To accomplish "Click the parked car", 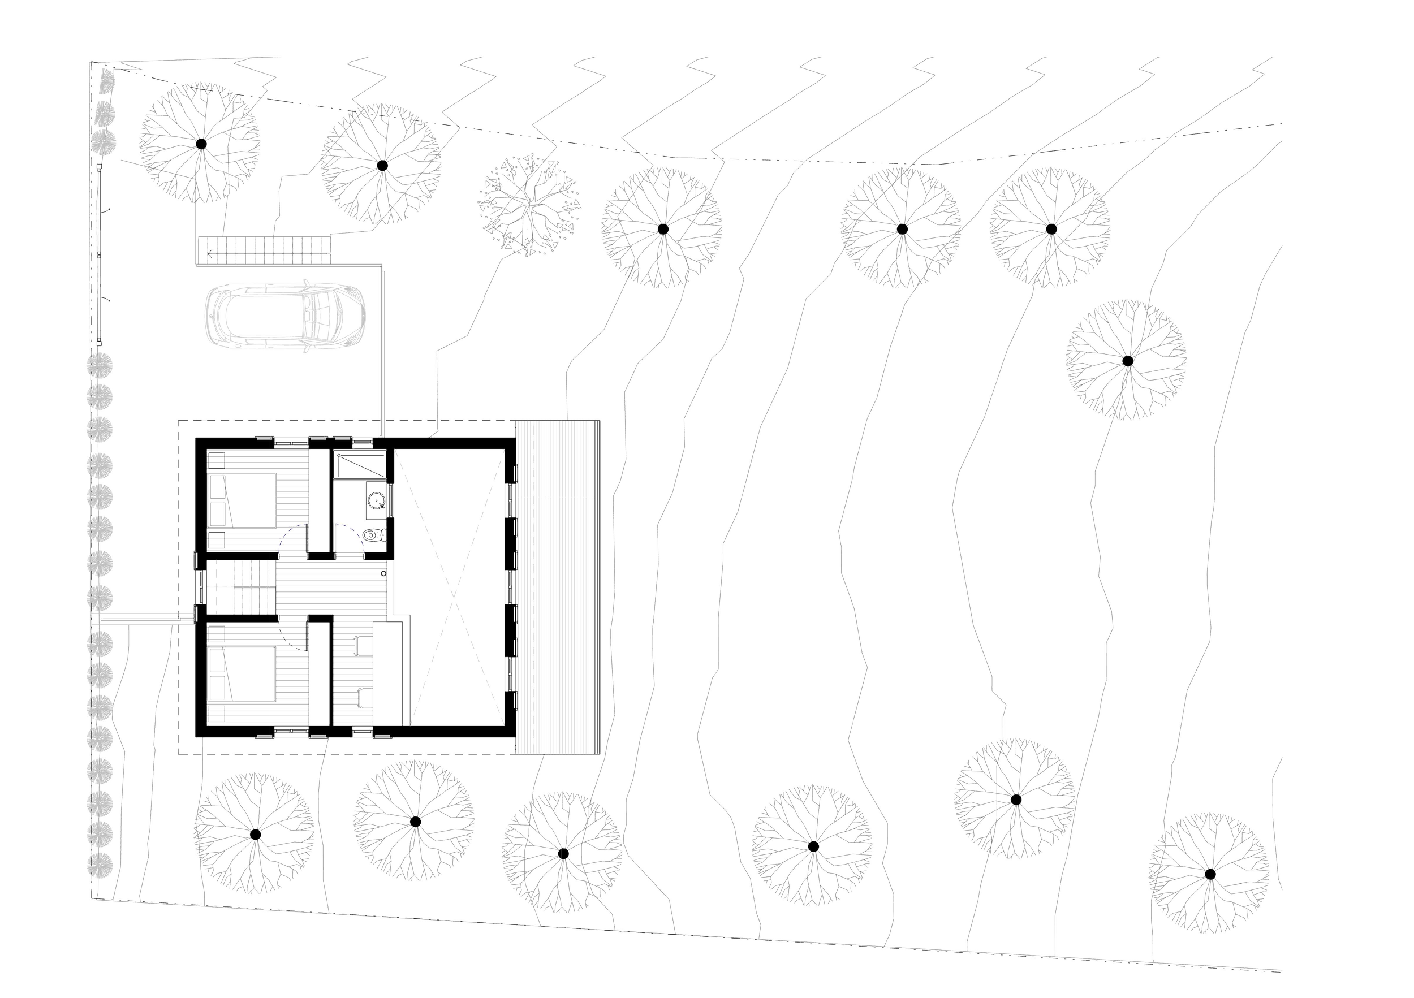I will click(284, 317).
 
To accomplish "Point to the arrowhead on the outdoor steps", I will click(211, 251).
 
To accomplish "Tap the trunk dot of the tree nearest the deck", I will click(563, 853).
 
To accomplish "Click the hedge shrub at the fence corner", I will click(106, 79).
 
